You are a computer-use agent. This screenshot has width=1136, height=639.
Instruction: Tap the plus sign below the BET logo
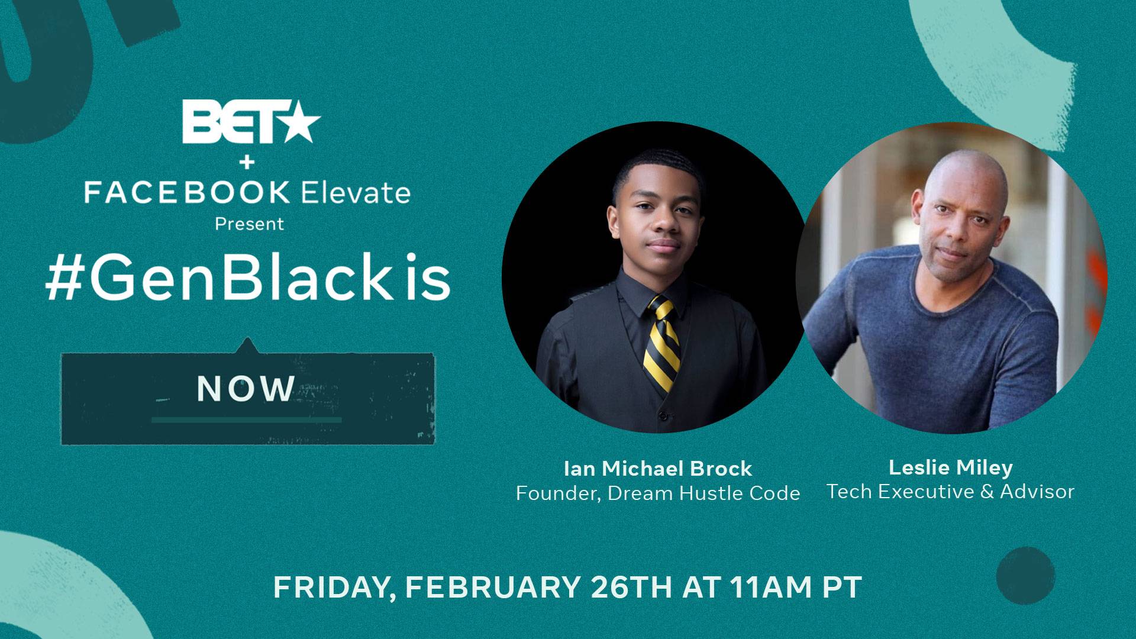tap(248, 162)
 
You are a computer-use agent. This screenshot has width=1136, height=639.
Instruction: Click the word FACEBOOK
tap(187, 193)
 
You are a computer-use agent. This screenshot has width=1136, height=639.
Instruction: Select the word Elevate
tap(356, 192)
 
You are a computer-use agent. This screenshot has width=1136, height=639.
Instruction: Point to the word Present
tap(249, 224)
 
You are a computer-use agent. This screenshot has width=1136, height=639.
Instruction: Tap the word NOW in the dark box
tap(246, 389)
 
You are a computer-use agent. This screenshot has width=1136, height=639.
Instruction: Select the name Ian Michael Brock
tap(658, 469)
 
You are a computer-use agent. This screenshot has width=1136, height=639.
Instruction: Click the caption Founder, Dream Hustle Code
tap(658, 493)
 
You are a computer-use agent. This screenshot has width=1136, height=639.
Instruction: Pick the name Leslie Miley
tap(951, 467)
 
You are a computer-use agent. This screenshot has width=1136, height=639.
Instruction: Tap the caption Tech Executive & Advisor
tap(951, 491)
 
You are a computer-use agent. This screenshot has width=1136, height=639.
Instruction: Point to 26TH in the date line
tap(631, 587)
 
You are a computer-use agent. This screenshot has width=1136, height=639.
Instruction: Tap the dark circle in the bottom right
tap(1025, 576)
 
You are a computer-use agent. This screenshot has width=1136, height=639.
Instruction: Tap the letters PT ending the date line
tap(842, 587)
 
